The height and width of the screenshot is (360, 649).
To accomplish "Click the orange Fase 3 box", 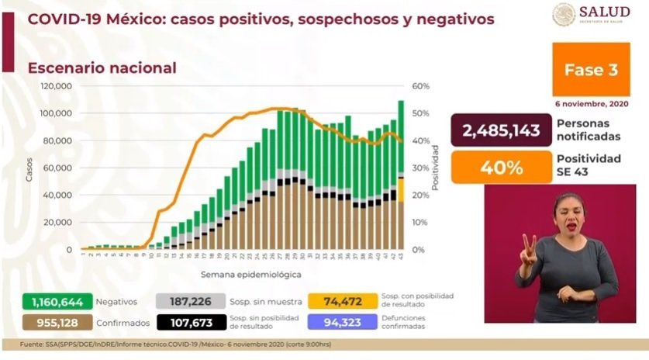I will [591, 70].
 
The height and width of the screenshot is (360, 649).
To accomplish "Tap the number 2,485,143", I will [500, 130].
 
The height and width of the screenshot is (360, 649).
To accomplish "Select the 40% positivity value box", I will [500, 164].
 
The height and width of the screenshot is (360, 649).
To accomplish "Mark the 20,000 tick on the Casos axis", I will [58, 223].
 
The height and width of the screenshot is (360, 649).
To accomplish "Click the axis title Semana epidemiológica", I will [240, 275].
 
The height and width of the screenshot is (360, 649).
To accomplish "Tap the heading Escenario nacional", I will [102, 68].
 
